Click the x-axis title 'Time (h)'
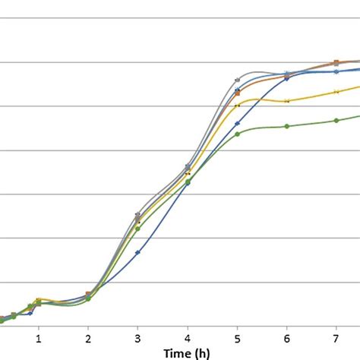(x=187, y=353)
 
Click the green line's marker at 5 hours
(x=237, y=134)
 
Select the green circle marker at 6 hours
(x=286, y=126)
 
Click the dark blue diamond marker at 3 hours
(x=137, y=252)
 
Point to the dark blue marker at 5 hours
(x=237, y=123)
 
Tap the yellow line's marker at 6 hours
(x=286, y=101)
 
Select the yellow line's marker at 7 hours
(x=336, y=91)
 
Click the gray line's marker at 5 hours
(x=237, y=79)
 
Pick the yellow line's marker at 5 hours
(x=237, y=106)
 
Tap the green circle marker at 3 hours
(x=137, y=228)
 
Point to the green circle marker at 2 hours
(x=88, y=298)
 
